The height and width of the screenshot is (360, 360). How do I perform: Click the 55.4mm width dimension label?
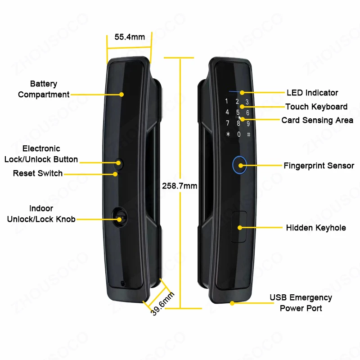point(130,37)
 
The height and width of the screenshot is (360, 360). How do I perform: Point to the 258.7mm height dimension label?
point(180,185)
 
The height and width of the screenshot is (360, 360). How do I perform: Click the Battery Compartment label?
point(44,89)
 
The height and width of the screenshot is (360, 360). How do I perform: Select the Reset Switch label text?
point(38,173)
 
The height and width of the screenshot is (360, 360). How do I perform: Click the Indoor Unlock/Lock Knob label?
point(41,214)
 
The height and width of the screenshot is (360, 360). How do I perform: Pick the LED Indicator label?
point(312,93)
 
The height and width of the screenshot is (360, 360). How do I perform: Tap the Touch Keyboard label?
point(316,107)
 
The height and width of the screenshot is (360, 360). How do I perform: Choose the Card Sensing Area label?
point(317,120)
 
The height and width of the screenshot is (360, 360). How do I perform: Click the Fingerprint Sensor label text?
point(319,166)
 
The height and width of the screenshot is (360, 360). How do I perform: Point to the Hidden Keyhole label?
point(316,228)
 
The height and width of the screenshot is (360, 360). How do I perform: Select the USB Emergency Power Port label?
point(301,303)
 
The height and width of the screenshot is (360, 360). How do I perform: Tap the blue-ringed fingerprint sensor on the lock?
point(239,165)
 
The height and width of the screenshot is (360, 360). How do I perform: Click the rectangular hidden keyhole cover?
point(238,228)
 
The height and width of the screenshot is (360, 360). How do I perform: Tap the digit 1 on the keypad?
point(227,101)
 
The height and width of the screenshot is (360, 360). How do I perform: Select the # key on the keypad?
point(248,134)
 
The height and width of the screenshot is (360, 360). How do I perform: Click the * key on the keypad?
point(228,134)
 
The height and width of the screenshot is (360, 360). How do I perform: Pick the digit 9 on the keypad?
point(248,123)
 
